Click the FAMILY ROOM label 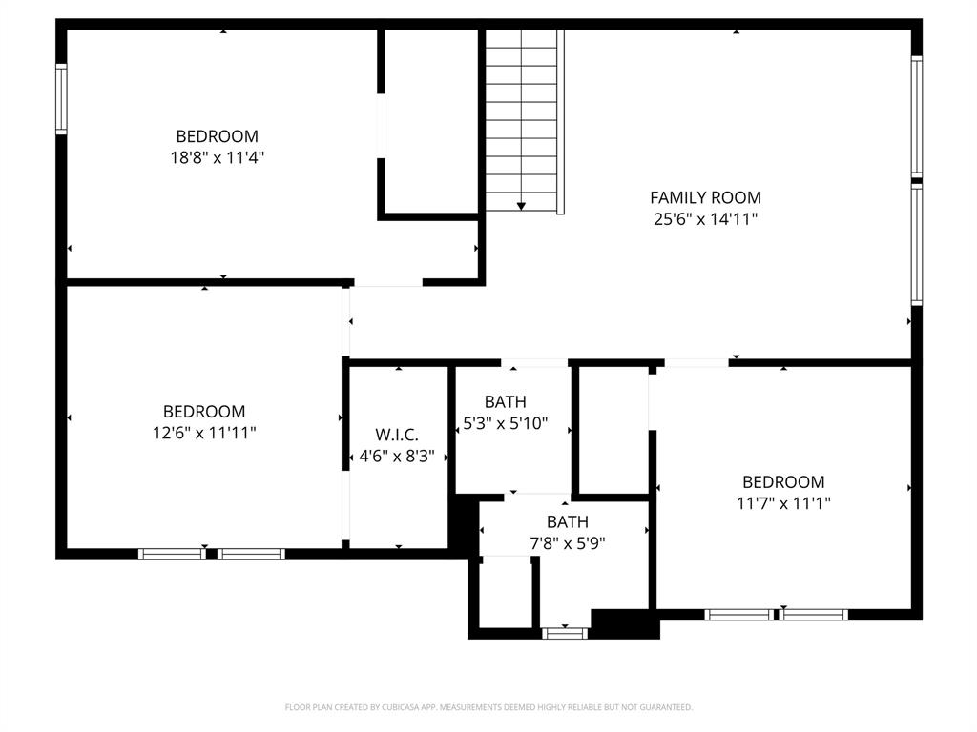(x=705, y=197)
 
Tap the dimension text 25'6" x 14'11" (x=705, y=219)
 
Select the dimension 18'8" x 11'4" (x=217, y=157)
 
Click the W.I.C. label (x=396, y=435)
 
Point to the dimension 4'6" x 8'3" (x=396, y=457)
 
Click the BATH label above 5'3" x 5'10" (x=505, y=401)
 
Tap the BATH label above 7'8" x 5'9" (x=567, y=521)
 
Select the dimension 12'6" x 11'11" (x=203, y=433)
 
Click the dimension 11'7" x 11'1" (x=783, y=503)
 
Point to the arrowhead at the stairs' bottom (x=521, y=205)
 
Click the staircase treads (x=521, y=114)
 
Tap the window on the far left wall (x=61, y=99)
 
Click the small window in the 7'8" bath (x=565, y=632)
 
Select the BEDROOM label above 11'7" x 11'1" (x=783, y=481)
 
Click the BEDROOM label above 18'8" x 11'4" (x=217, y=135)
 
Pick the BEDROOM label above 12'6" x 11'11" (x=203, y=411)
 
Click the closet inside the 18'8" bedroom (x=430, y=122)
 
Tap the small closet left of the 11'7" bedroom (x=614, y=429)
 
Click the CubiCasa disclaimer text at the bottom (x=488, y=707)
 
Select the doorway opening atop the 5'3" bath (x=534, y=363)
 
